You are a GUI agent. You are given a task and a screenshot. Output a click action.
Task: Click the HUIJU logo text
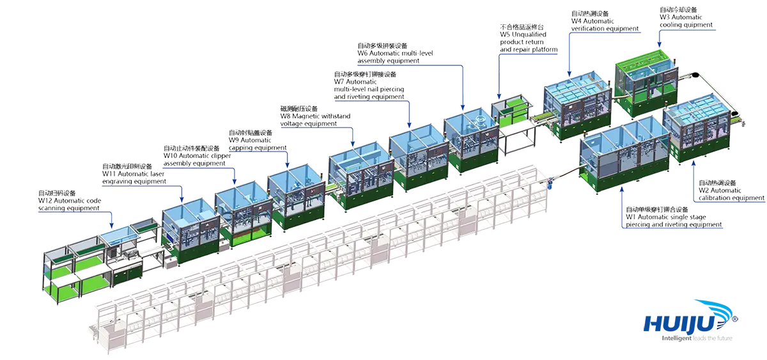click(679, 323)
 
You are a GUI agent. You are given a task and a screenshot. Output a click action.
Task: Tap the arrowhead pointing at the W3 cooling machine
click(659, 45)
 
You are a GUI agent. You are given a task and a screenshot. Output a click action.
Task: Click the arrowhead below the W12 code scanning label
click(111, 225)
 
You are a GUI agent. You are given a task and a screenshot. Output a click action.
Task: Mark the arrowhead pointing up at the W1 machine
click(622, 189)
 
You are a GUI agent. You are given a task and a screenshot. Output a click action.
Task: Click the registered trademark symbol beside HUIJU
click(734, 319)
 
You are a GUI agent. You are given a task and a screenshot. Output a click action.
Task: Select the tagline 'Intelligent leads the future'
click(697, 338)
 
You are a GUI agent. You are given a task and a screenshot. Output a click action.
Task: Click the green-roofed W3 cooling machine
click(646, 84)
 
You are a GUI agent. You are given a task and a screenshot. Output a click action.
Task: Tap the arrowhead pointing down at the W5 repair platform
click(499, 97)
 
